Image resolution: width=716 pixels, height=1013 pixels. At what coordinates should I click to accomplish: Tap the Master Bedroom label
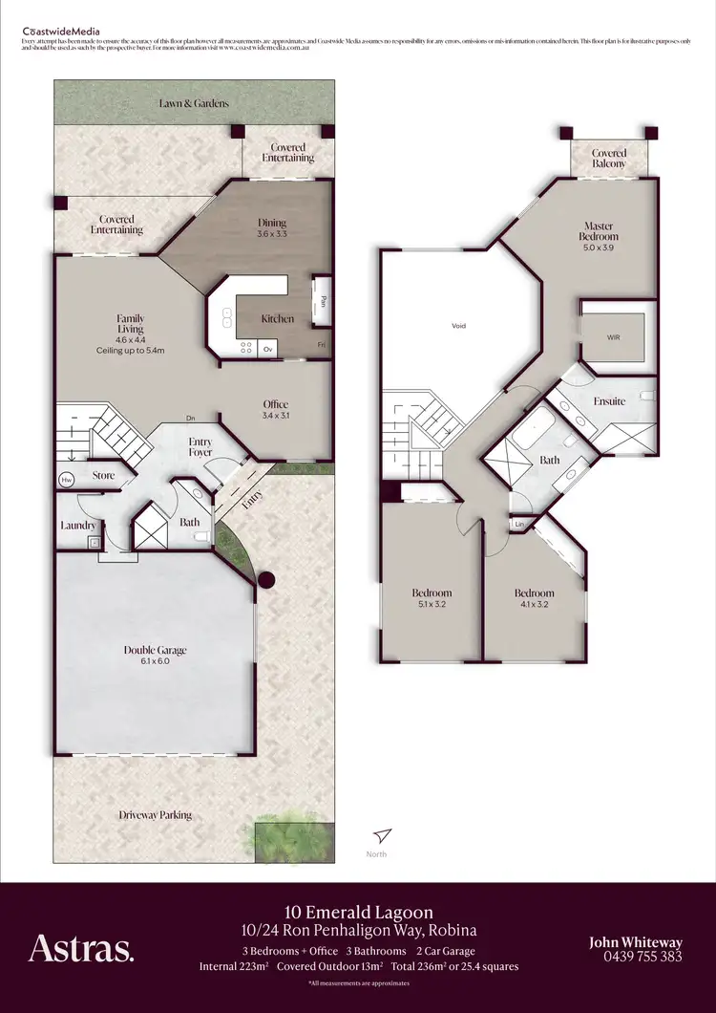[599, 231]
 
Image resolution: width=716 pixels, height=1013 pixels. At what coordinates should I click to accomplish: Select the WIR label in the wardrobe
[613, 338]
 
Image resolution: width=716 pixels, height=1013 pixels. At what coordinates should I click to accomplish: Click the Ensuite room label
[608, 401]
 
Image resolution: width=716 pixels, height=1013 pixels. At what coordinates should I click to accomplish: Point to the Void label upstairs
[458, 327]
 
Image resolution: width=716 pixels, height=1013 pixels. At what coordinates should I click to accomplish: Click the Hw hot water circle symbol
[67, 480]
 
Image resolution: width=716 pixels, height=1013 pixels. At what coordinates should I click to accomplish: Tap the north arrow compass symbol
[383, 835]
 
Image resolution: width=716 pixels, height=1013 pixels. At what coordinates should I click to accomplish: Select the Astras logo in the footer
[81, 948]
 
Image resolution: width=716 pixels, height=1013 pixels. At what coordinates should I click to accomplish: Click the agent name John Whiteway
[636, 942]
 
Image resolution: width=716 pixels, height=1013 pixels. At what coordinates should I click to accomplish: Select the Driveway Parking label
[155, 815]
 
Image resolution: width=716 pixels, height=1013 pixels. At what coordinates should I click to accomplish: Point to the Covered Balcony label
[609, 159]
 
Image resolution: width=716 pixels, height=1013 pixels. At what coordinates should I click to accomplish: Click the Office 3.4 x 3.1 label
[275, 410]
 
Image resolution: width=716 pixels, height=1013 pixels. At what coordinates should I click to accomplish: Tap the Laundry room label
[76, 526]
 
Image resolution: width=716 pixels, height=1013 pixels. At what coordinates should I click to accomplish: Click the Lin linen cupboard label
[520, 525]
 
